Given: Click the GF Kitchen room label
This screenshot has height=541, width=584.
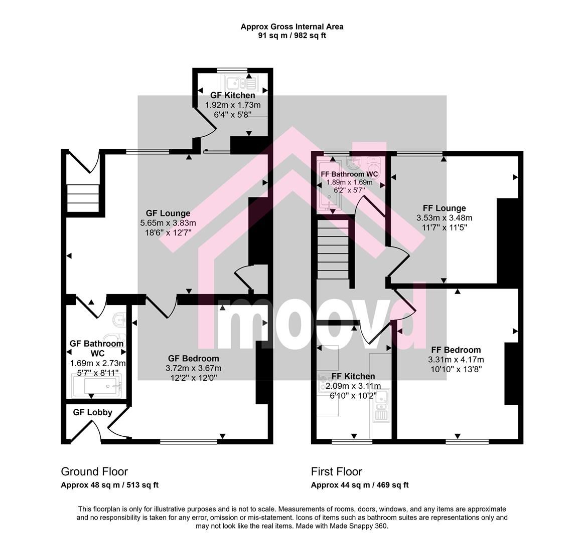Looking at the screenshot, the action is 232,96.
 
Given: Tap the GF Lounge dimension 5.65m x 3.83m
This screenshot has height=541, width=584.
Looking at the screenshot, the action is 168,223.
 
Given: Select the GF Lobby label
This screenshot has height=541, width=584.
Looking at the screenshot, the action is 92,412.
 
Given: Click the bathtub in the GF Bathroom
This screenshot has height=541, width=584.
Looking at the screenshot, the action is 96,386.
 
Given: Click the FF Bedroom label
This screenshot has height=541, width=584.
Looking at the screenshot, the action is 456,350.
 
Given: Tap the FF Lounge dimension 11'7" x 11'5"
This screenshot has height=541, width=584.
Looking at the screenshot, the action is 445,227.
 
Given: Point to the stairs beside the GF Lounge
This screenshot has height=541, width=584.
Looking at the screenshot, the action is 83,198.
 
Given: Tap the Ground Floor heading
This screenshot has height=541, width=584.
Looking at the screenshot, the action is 94,471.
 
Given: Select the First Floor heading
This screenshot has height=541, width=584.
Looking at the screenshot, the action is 336,471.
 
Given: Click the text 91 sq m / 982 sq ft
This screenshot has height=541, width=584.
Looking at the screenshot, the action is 292,36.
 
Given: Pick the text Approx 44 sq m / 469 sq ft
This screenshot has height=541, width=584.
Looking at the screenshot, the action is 360,485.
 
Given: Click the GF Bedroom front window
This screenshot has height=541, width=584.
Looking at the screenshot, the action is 189,441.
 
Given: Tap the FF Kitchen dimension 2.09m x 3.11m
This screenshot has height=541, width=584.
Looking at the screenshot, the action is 353,386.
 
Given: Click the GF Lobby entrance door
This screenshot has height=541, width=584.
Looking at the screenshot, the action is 92,431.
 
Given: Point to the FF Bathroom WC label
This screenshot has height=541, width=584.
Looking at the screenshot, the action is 349,174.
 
